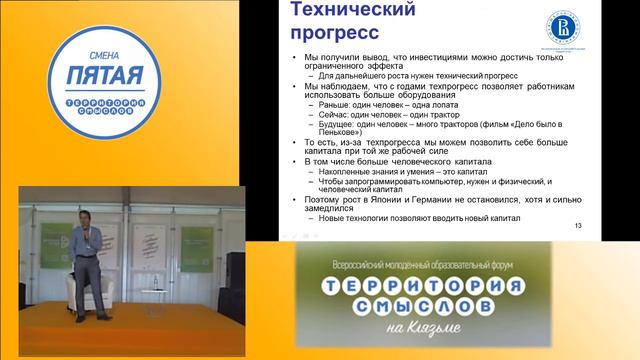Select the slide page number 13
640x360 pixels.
[x=577, y=228]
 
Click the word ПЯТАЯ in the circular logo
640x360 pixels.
[x=106, y=75]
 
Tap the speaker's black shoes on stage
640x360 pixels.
[x=91, y=318]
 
